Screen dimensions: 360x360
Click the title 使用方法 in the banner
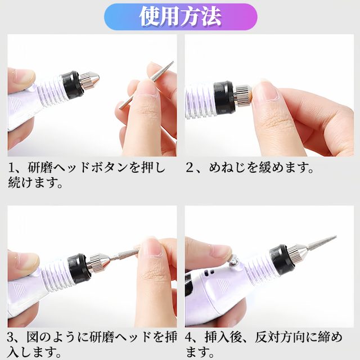(180, 16)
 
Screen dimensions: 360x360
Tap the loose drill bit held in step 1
(146, 85)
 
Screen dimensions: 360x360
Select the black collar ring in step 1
(71, 85)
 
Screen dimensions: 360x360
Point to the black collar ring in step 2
(224, 97)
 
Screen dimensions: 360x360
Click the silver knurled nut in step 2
(244, 95)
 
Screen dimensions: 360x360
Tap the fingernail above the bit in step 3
(150, 247)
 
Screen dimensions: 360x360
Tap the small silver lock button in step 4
(234, 261)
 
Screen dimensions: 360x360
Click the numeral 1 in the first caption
(11, 168)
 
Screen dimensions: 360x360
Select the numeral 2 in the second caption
(190, 168)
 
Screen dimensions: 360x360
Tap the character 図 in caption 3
(33, 337)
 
